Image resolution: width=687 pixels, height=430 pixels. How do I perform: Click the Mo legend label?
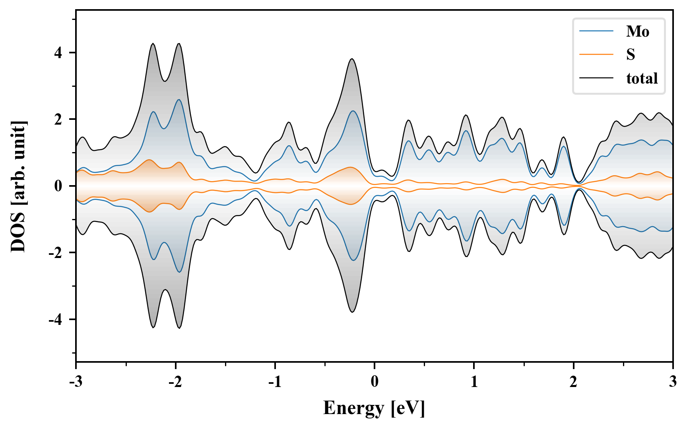pos(637,31)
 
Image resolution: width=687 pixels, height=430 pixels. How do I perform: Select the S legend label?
pos(631,55)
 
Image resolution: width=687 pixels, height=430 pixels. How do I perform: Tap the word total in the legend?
pos(642,78)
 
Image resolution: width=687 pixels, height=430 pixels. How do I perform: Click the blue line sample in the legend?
pos(596,31)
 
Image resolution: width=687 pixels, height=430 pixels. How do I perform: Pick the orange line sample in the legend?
pos(596,55)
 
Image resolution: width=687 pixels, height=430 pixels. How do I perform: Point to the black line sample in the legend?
pos(596,78)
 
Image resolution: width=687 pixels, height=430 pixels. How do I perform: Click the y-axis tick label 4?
pos(58,53)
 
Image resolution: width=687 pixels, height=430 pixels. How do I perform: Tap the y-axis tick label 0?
pos(58,186)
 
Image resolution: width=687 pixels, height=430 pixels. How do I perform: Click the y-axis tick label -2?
pos(56,253)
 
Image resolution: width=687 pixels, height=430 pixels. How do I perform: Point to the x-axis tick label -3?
pos(76,382)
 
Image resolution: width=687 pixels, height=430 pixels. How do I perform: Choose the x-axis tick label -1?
pos(275,382)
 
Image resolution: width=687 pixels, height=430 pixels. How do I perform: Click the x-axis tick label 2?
pos(573,382)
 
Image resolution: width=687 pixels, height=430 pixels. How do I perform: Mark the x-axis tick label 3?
pos(673,382)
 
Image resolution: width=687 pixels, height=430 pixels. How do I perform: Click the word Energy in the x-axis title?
pos(353,408)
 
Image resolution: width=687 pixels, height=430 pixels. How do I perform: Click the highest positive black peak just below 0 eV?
pos(352,59)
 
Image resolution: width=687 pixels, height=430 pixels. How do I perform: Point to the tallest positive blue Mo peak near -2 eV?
pos(179,100)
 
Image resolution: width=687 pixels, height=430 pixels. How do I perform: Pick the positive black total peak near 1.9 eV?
pos(563,137)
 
